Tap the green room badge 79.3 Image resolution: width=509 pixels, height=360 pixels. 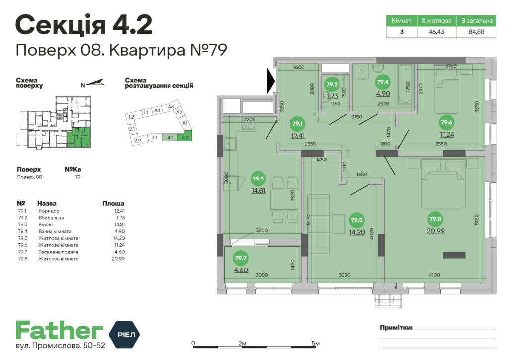[258, 178]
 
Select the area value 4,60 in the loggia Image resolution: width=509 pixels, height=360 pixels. [241, 270]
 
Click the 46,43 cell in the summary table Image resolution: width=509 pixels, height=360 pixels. [436, 32]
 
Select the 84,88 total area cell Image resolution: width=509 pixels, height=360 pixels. [476, 32]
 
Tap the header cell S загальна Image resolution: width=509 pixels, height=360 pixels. [476, 21]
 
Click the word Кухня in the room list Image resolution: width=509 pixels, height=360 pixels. [47, 224]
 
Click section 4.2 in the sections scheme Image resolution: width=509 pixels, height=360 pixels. [186, 137]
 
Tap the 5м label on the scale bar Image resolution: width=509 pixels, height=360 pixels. [315, 343]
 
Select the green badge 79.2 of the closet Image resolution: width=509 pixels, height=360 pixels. [331, 84]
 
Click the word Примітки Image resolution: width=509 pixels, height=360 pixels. [396, 328]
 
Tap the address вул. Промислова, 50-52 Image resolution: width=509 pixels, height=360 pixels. [61, 346]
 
